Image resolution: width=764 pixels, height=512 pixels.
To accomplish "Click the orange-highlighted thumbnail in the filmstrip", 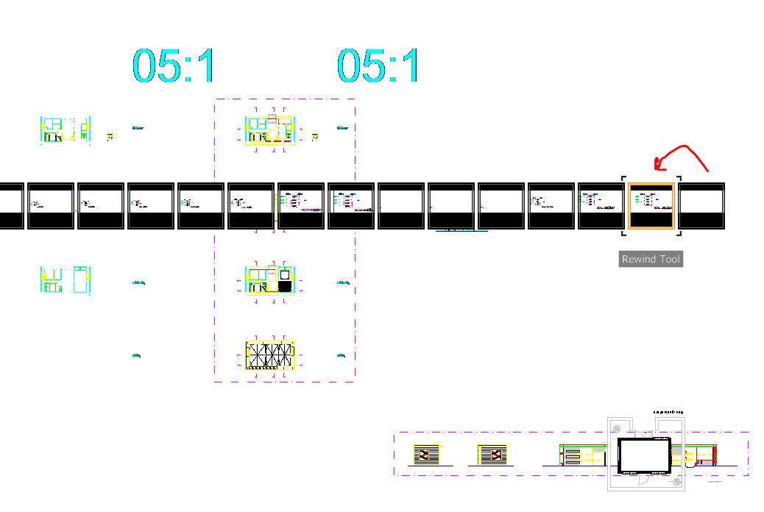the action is click(x=651, y=206).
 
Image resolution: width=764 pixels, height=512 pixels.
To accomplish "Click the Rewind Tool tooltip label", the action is click(x=651, y=259).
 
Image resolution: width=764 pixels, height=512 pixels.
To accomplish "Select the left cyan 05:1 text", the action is click(x=174, y=65).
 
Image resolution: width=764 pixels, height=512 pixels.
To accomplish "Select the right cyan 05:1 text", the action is click(x=378, y=65).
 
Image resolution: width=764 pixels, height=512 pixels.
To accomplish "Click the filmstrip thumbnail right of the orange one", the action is click(x=701, y=206).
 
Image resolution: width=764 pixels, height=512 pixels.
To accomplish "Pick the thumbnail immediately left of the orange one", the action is click(x=601, y=206).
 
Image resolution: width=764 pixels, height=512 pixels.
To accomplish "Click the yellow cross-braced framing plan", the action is click(x=269, y=355).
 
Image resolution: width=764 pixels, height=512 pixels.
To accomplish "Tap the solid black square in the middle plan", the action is click(x=286, y=285).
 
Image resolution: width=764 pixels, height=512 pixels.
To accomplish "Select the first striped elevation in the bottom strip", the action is click(x=426, y=455).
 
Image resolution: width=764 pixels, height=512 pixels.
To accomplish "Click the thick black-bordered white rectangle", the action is click(x=644, y=456).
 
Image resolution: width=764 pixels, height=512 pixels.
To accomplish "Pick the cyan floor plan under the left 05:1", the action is click(x=65, y=130).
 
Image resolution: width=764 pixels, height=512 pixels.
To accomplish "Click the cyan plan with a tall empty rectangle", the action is click(x=80, y=280).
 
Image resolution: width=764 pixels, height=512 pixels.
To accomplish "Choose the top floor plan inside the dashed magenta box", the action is click(x=269, y=130).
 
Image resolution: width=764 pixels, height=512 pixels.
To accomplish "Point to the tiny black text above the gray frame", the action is click(x=668, y=412).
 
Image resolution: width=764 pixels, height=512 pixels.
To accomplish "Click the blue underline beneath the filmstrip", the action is click(x=461, y=231).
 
